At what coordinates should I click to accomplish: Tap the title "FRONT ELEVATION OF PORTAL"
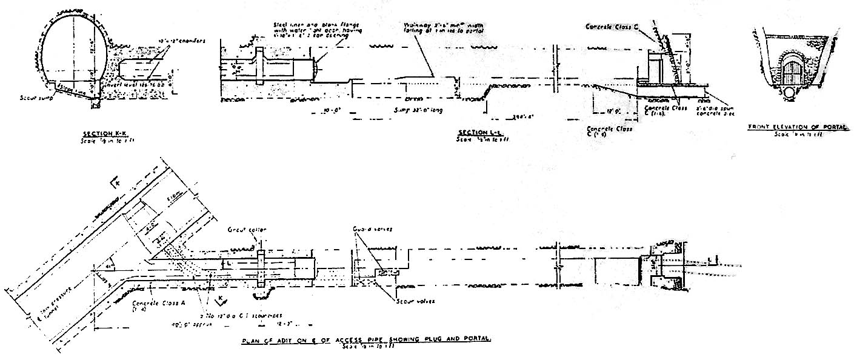798,127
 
